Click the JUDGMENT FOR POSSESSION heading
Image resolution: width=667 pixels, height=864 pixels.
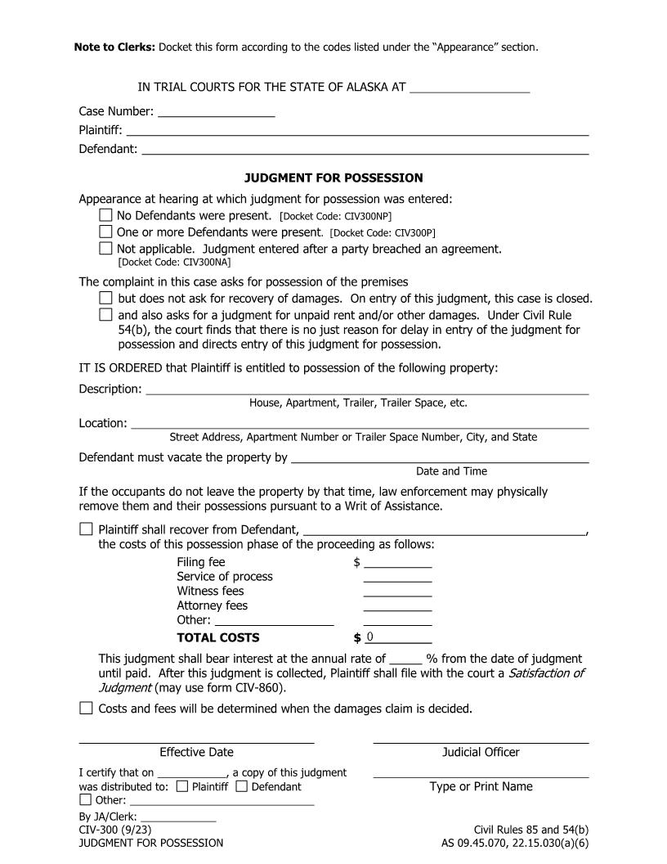click(333, 178)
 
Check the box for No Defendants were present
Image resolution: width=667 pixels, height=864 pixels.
click(105, 215)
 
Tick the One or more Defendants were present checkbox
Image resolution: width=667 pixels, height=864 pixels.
click(105, 232)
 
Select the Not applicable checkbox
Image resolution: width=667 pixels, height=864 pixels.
click(105, 248)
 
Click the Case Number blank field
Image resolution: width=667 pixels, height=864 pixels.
click(216, 111)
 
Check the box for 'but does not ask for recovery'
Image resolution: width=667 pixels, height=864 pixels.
click(105, 298)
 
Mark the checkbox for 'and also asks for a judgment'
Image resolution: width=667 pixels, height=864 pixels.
click(105, 314)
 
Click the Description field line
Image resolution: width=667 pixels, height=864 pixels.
click(367, 389)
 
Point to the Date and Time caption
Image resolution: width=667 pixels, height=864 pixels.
click(451, 471)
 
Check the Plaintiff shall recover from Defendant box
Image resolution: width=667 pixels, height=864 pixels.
click(86, 529)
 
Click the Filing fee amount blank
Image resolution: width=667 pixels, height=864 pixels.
click(397, 562)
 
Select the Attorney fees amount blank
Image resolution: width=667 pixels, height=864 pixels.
click(397, 606)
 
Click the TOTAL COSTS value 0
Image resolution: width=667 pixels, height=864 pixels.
click(370, 637)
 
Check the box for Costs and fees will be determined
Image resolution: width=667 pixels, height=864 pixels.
click(86, 708)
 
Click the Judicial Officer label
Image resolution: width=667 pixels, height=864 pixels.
click(481, 752)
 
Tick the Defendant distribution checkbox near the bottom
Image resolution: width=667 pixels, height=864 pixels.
click(241, 786)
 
